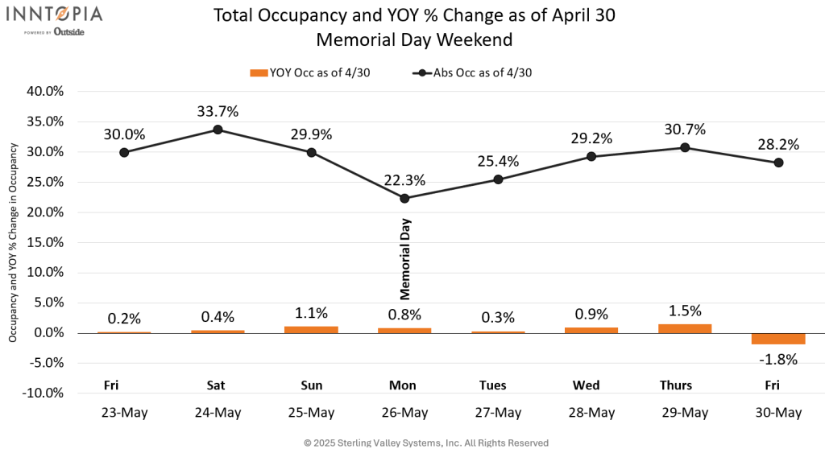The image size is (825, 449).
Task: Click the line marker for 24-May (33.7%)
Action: [x=218, y=130]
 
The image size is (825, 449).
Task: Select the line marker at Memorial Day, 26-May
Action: [x=404, y=198]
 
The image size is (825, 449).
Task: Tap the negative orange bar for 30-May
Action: [x=778, y=338]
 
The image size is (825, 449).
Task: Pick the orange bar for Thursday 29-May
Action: [x=685, y=328]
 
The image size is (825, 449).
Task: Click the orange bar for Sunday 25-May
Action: [x=311, y=329]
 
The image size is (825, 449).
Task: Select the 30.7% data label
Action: [x=685, y=130]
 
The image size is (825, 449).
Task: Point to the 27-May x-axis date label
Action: [x=498, y=413]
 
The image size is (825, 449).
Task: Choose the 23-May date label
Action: [x=124, y=413]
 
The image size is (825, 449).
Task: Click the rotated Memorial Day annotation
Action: [x=405, y=259]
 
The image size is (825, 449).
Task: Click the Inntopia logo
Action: [x=56, y=20]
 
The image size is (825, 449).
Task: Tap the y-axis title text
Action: [x=14, y=241]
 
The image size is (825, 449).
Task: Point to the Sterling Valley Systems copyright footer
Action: [x=426, y=443]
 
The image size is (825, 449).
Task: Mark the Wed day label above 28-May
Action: [x=591, y=385]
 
